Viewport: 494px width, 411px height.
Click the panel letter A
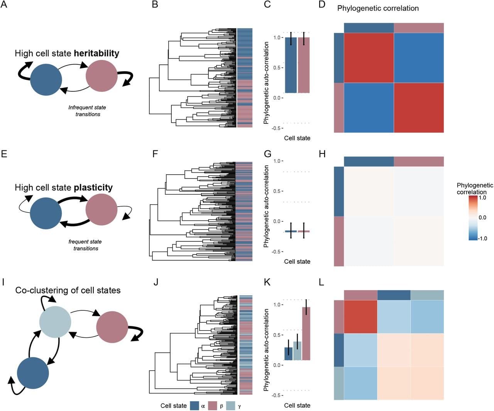pos(4,5)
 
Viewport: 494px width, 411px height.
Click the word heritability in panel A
pos(96,53)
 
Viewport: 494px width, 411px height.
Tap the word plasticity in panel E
pos(93,187)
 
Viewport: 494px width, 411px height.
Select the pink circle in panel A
pos(101,76)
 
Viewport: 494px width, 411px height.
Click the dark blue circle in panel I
pos(33,373)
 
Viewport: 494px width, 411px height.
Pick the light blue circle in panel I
pos(56,322)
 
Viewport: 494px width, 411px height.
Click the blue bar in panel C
pos(291,65)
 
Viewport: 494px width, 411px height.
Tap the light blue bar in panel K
pos(297,350)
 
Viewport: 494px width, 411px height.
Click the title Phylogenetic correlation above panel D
pos(377,8)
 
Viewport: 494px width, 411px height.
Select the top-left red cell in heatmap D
pos(369,58)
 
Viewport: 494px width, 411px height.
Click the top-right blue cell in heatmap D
pos(419,58)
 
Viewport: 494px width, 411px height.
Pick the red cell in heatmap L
pos(360,317)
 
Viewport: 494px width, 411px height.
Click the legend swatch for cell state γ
pos(230,406)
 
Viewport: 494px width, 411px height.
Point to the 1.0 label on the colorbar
pos(482,197)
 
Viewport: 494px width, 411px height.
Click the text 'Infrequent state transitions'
pos(87,111)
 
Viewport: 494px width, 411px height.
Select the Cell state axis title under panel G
pos(297,261)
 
